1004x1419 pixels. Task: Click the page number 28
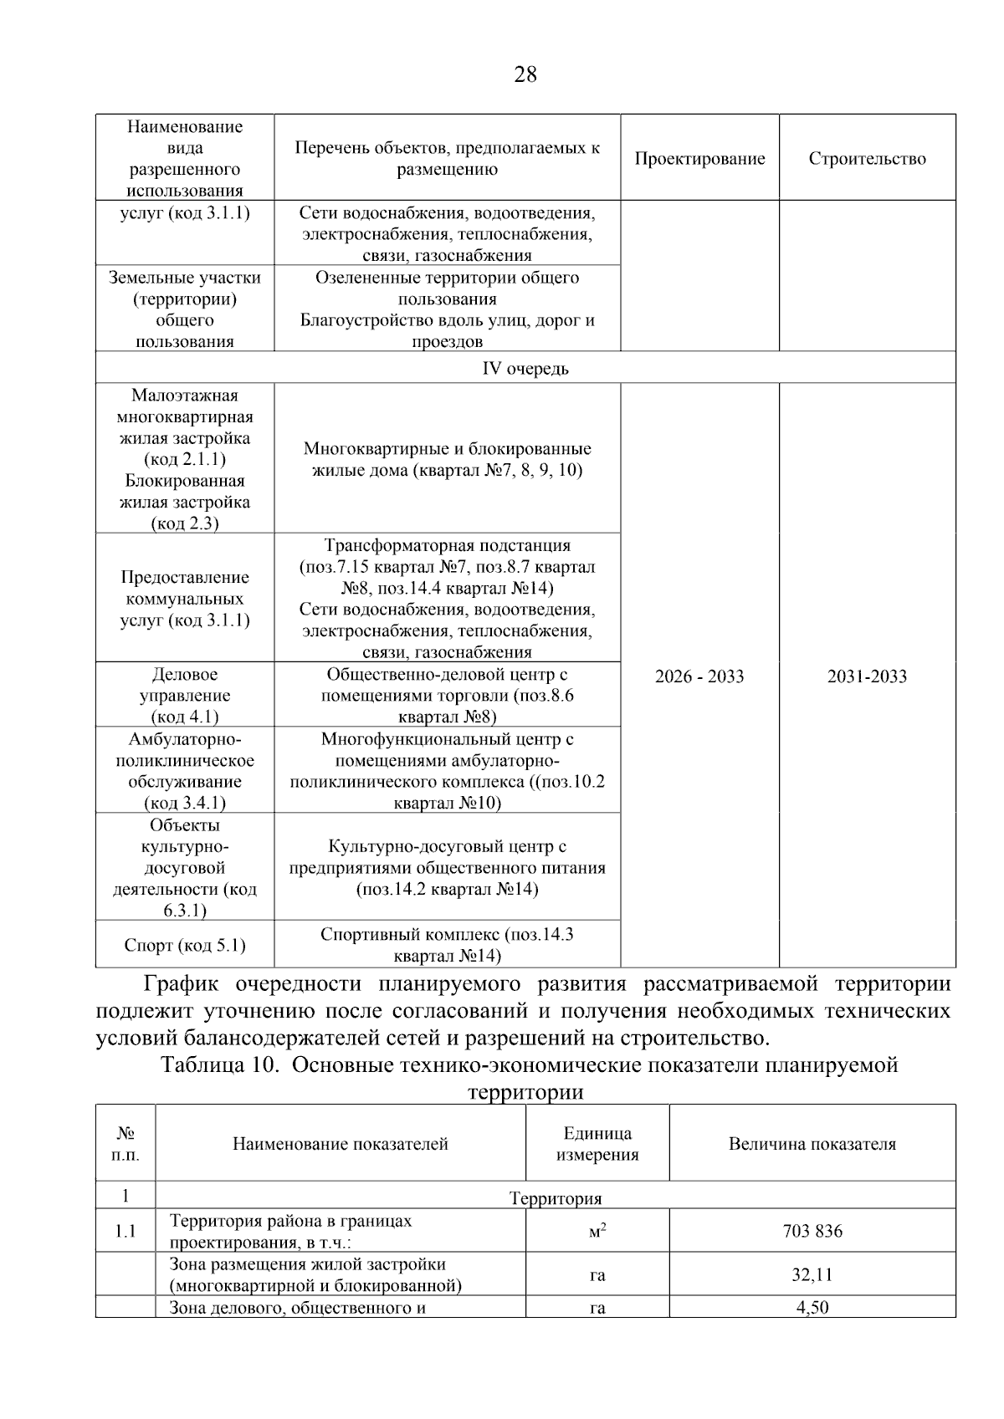(x=525, y=74)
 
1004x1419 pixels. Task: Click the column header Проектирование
(x=699, y=159)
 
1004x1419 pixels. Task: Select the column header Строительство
(x=867, y=159)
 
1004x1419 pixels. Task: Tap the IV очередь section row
(x=525, y=368)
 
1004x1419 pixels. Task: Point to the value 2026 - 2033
(x=699, y=676)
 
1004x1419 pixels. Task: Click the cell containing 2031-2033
(x=867, y=676)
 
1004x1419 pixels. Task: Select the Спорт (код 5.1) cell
(x=185, y=945)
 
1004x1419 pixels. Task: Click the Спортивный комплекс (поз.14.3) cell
(x=447, y=945)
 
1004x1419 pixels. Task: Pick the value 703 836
(x=812, y=1231)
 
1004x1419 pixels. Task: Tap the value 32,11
(x=812, y=1275)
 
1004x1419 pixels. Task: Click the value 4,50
(x=812, y=1308)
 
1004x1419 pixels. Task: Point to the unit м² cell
(x=597, y=1231)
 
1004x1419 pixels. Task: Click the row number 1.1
(x=125, y=1231)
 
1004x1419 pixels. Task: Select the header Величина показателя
(x=812, y=1144)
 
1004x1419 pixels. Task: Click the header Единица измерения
(x=597, y=1144)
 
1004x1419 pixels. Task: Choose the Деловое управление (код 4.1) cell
(x=185, y=695)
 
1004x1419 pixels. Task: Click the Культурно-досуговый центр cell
(x=447, y=867)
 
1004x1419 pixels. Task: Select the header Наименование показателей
(x=341, y=1144)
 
